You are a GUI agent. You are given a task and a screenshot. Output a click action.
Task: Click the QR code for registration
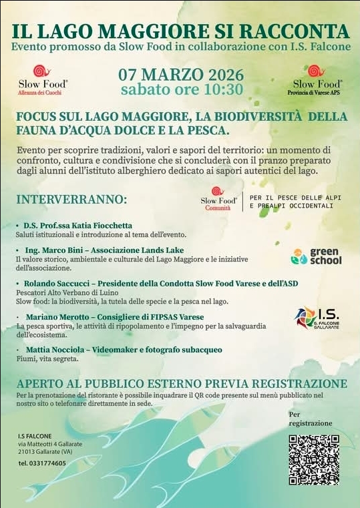[x=314, y=459]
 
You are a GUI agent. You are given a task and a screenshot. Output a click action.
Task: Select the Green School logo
[x=316, y=256]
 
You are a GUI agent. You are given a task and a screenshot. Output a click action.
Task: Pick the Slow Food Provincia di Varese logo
[x=317, y=79]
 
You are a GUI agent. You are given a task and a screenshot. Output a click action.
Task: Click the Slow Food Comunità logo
[x=218, y=199]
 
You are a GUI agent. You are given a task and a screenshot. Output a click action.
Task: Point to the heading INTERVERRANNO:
[x=71, y=200]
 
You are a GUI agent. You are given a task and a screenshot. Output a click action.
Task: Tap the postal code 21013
[x=27, y=451]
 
